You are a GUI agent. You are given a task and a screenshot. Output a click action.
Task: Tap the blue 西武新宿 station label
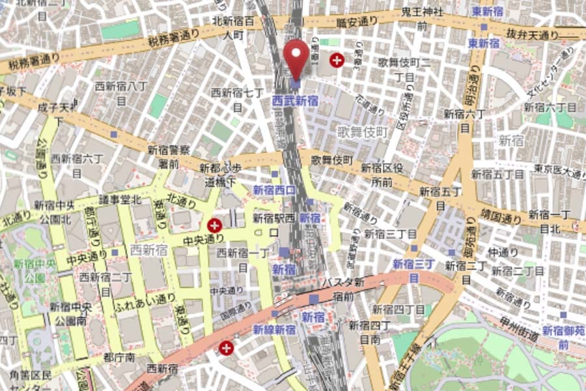point(295,100)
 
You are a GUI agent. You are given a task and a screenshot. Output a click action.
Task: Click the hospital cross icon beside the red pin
point(337,61)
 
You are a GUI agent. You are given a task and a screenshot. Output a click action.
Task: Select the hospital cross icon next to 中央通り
point(214,225)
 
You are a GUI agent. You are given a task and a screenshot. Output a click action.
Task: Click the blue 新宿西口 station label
point(274,190)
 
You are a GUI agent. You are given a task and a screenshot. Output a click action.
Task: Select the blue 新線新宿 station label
point(274,330)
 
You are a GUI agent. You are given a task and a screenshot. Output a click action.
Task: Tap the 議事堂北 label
point(120,199)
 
